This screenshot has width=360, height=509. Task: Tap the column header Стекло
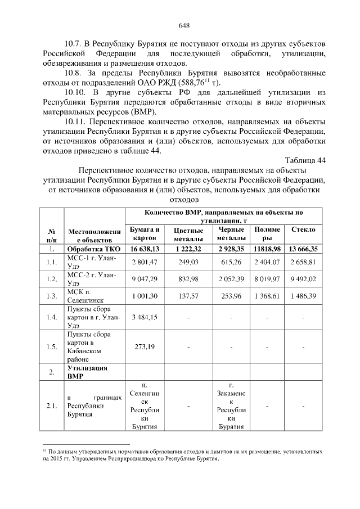click(x=303, y=230)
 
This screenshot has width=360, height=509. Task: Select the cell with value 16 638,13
click(x=145, y=248)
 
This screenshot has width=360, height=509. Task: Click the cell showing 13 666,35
click(x=303, y=248)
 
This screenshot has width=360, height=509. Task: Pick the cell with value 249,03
click(x=188, y=262)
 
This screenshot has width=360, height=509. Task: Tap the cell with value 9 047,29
click(x=145, y=279)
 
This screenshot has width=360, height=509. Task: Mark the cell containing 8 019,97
click(x=267, y=279)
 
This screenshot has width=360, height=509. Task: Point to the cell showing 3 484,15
click(x=145, y=317)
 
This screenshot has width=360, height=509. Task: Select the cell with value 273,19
click(x=145, y=346)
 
